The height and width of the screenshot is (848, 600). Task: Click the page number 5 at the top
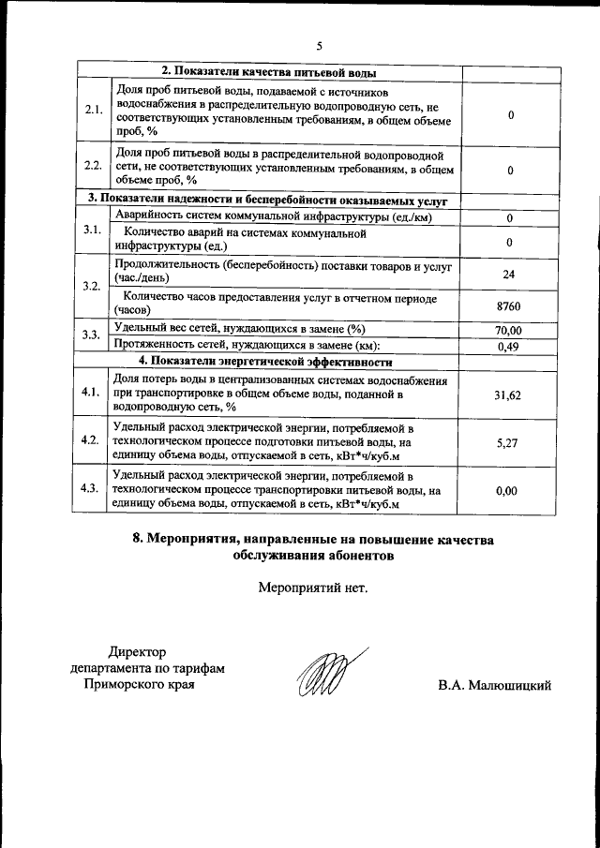click(x=319, y=45)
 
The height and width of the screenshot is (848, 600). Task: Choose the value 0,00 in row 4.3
click(x=506, y=490)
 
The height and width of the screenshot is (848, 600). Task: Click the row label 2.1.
click(x=93, y=111)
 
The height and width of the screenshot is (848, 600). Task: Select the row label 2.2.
click(x=93, y=166)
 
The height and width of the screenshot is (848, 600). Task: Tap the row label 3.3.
click(x=92, y=335)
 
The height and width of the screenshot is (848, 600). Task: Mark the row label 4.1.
click(x=92, y=393)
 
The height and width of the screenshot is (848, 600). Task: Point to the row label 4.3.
click(x=92, y=488)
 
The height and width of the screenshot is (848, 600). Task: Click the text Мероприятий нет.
click(x=313, y=589)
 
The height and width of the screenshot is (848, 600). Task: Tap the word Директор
click(x=136, y=651)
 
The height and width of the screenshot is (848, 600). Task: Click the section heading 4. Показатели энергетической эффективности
click(x=264, y=361)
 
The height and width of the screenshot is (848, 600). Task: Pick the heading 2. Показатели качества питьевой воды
click(x=269, y=71)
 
